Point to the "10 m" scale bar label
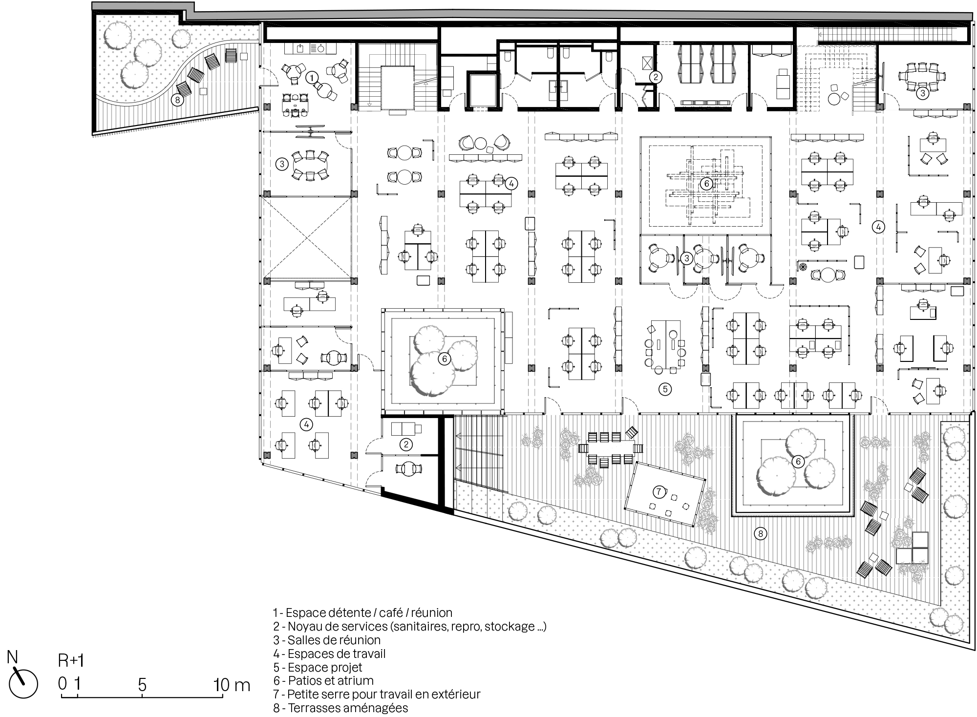point(232,685)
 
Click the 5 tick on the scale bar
point(142,685)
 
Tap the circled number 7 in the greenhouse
point(659,492)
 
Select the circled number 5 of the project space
point(665,389)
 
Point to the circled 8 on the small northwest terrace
point(177,100)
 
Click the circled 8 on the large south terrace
point(760,534)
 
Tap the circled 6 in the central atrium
point(706,184)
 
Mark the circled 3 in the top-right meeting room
point(922,93)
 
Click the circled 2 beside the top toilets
point(656,77)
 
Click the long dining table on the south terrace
point(611,447)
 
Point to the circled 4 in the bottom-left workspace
point(306,424)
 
